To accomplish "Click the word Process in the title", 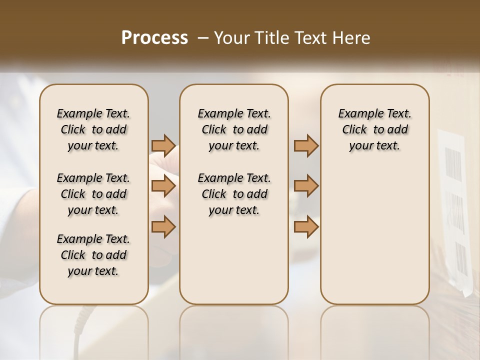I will [x=154, y=38].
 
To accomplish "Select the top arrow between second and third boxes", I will [x=306, y=145].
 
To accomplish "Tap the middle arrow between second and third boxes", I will [x=306, y=186].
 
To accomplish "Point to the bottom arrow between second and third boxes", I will [x=306, y=226].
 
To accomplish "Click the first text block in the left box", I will [x=93, y=129].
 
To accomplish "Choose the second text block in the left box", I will [x=93, y=194].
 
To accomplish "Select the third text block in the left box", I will [x=93, y=255].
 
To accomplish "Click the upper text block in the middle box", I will [x=234, y=129].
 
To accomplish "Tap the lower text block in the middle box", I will [x=234, y=194].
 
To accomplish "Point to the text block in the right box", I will [x=374, y=129].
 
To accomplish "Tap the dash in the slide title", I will [x=203, y=38].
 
